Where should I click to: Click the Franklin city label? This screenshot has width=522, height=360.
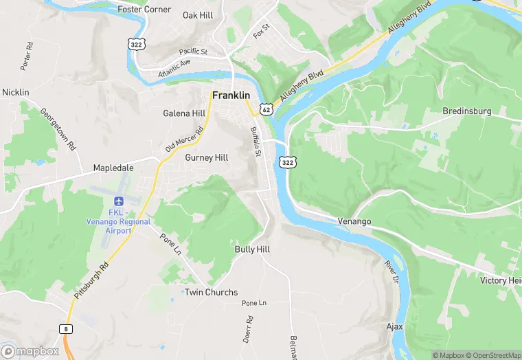tap(231, 95)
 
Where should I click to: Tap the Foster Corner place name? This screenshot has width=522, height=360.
tap(144, 10)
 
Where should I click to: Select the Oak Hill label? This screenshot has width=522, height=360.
tap(198, 14)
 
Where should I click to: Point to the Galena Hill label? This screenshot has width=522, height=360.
tap(184, 113)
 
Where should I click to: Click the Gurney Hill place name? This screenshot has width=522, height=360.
tap(207, 157)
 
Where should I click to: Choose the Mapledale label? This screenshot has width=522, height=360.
tap(113, 168)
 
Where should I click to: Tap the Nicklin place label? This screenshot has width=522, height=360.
tap(16, 92)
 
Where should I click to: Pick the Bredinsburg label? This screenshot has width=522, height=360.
tap(467, 111)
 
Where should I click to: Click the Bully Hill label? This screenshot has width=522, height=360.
tap(252, 249)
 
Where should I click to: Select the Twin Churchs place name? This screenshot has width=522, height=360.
tap(212, 293)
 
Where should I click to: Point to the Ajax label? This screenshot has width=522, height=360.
tap(394, 326)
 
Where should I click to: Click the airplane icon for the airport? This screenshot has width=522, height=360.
tap(117, 201)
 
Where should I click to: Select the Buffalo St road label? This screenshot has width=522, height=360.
tap(256, 142)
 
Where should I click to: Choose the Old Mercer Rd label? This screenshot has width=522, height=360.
tap(185, 140)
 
